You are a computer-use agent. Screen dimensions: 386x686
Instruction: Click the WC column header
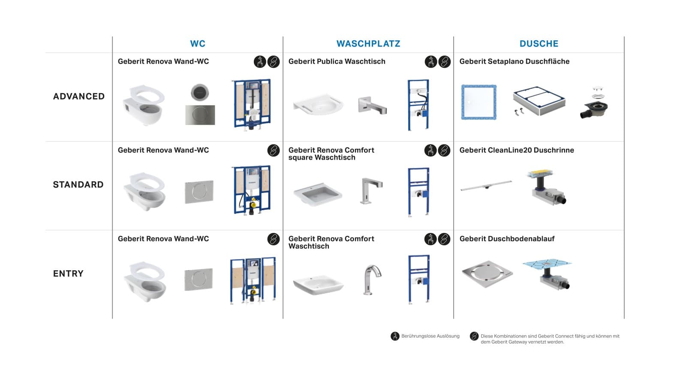(x=198, y=44)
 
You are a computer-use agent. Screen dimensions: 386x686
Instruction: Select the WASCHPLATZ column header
(x=368, y=44)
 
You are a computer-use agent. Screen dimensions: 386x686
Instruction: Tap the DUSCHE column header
(x=539, y=44)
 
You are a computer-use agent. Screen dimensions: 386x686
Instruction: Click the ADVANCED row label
(x=79, y=96)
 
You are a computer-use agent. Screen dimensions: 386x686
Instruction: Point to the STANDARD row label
(x=78, y=185)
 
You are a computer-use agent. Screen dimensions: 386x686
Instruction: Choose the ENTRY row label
(x=68, y=274)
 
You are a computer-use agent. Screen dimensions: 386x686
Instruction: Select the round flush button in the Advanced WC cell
(x=200, y=93)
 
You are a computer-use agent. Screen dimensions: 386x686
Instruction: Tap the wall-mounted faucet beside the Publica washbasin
(x=372, y=105)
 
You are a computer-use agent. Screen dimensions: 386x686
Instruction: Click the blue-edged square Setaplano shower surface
(x=479, y=102)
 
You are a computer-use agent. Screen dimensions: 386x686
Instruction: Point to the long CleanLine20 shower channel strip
(x=486, y=186)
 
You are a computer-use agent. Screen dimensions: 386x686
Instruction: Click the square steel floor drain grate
(x=487, y=273)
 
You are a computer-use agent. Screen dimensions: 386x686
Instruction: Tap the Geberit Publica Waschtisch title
(x=337, y=61)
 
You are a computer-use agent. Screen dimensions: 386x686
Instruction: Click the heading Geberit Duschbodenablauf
(x=507, y=239)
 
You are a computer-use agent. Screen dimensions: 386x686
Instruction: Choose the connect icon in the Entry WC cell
(x=273, y=239)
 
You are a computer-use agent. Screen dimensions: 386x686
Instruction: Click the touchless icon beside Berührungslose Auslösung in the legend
(x=395, y=336)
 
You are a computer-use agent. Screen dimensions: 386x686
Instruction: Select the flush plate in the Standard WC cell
(x=199, y=191)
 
